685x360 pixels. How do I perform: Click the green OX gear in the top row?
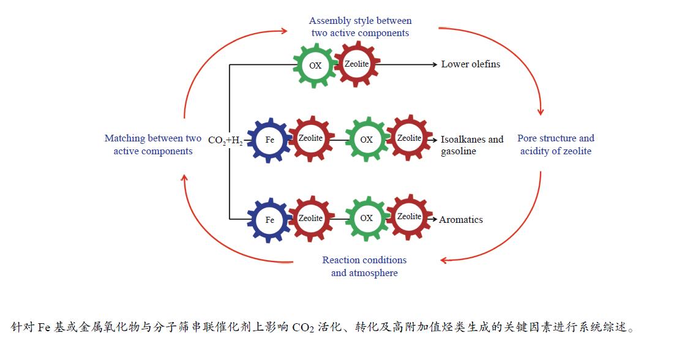[x=315, y=66]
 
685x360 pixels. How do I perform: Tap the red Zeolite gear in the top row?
[x=357, y=63]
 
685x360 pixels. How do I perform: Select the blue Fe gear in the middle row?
[x=270, y=140]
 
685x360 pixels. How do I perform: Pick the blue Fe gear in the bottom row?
[x=270, y=220]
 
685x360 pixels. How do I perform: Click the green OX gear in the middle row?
[x=366, y=140]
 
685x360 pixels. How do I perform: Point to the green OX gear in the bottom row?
[x=366, y=219]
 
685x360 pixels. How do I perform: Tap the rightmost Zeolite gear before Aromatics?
[x=409, y=217]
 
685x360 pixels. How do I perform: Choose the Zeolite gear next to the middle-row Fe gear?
[x=310, y=138]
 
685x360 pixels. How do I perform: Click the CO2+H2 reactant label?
[x=225, y=140]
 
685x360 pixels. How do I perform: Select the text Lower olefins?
[x=470, y=64]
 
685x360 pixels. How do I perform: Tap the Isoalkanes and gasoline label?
[x=471, y=145]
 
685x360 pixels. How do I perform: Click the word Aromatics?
[x=461, y=220]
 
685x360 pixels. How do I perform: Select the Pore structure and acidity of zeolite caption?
[x=556, y=144]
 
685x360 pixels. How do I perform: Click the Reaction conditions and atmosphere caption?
[x=364, y=266]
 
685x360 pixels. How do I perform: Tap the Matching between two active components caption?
[x=153, y=145]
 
